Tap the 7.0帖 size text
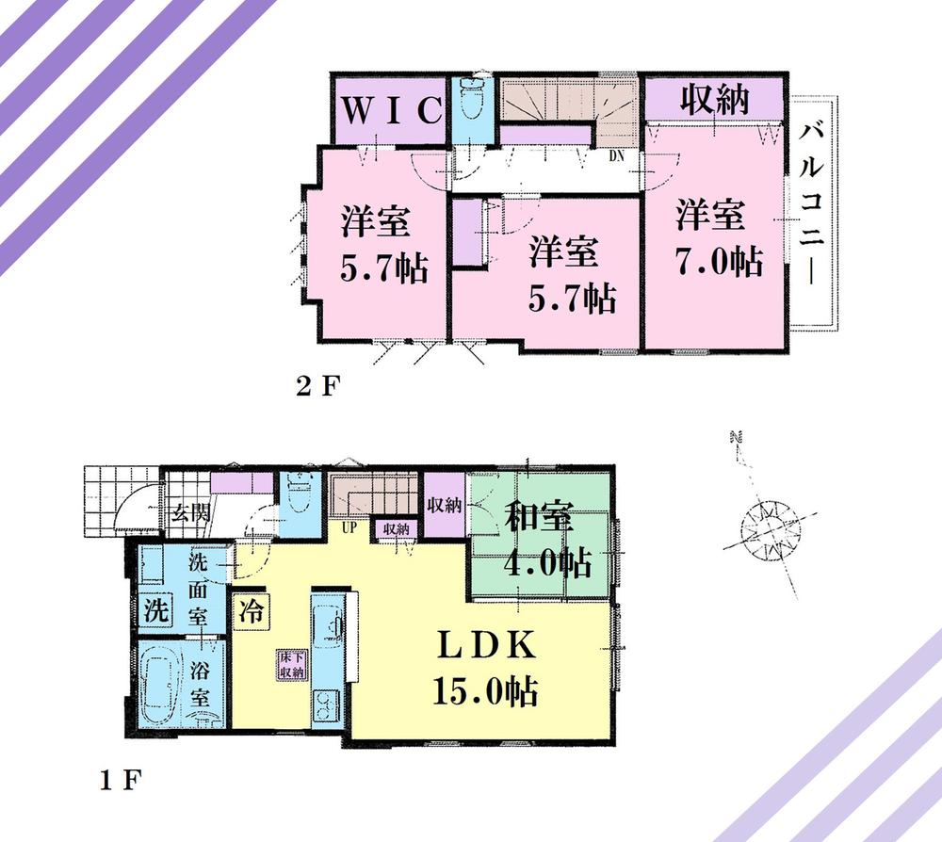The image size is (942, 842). [x=718, y=261]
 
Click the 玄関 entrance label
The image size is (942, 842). [x=188, y=514]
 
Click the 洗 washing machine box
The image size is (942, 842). [x=155, y=609]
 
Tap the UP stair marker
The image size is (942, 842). [x=349, y=527]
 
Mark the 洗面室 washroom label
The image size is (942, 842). [x=200, y=589]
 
